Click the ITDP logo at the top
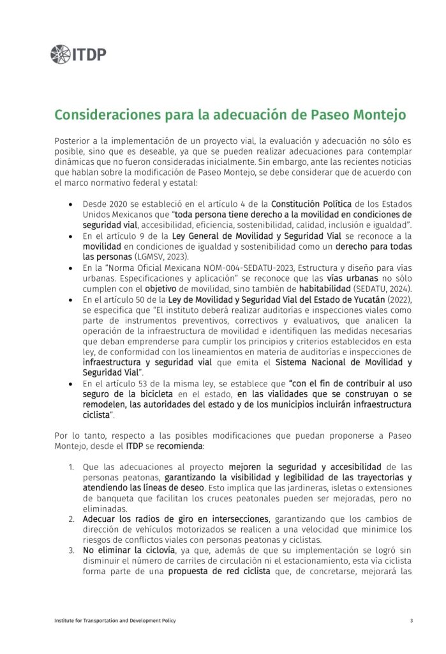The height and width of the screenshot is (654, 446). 78,55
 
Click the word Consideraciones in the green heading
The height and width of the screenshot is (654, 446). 105,115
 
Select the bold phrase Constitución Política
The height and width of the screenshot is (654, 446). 311,204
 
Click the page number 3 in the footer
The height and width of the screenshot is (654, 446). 411,620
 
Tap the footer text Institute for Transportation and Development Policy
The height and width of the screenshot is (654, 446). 115,620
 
